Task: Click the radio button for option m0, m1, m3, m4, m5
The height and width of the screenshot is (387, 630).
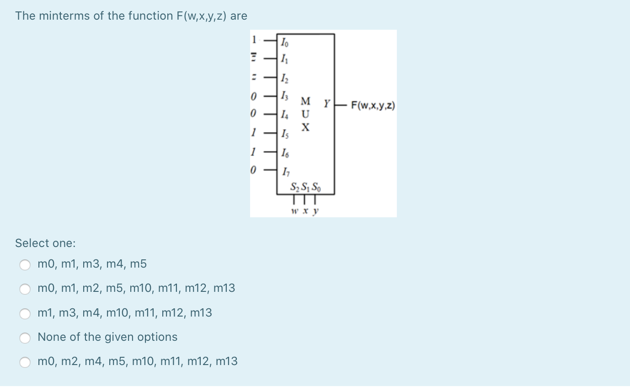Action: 25,264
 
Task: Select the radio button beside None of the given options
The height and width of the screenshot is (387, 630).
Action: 25,338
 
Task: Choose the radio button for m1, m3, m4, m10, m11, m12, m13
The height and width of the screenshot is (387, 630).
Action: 25,313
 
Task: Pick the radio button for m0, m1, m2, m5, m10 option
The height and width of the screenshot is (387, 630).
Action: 25,289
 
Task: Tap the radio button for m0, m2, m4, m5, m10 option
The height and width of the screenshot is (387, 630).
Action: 25,362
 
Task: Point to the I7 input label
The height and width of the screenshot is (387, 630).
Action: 285,172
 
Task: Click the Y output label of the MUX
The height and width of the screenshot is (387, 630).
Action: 327,104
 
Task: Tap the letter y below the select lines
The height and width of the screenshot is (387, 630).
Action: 315,212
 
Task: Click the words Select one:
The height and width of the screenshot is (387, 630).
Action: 45,243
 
